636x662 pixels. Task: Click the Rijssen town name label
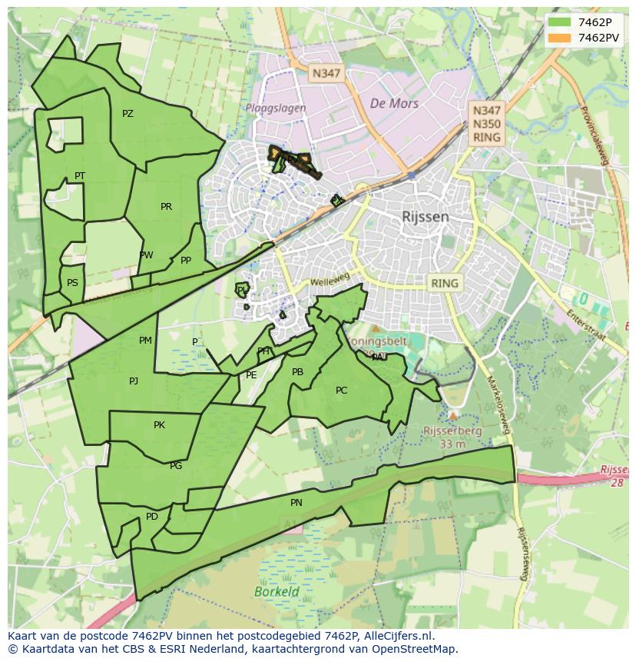tap(425, 217)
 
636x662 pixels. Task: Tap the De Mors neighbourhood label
tap(394, 104)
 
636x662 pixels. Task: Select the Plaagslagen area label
tap(276, 108)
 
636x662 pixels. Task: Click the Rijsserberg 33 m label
tap(452, 437)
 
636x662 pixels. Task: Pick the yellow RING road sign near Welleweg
tap(444, 283)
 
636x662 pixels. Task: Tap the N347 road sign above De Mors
tap(326, 74)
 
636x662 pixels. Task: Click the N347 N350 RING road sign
tap(487, 125)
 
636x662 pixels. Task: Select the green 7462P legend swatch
tap(558, 22)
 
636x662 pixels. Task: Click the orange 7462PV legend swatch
tap(558, 37)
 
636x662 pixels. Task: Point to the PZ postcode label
tap(128, 114)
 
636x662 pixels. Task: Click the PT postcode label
tap(80, 176)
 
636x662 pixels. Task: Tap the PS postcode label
tap(72, 283)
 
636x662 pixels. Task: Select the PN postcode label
tap(296, 503)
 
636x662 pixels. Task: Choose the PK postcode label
tap(159, 425)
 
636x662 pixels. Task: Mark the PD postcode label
tap(152, 517)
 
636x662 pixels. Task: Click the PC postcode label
tap(342, 391)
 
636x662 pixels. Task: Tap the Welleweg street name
tap(330, 282)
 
